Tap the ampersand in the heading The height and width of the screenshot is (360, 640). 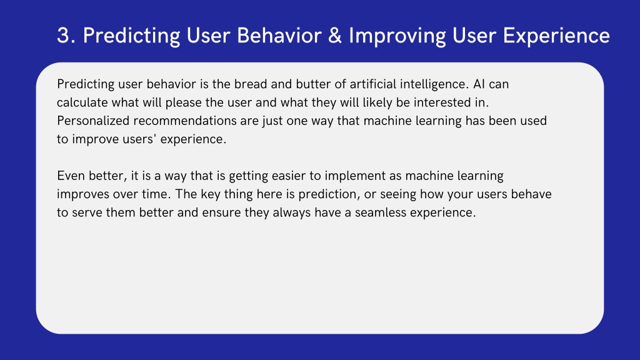point(335,36)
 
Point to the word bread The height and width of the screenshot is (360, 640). point(250,84)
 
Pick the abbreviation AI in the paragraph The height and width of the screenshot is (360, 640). point(479,84)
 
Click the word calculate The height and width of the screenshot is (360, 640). point(82,102)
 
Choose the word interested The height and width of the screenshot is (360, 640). point(442,102)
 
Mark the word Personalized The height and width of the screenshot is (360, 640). point(93,121)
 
